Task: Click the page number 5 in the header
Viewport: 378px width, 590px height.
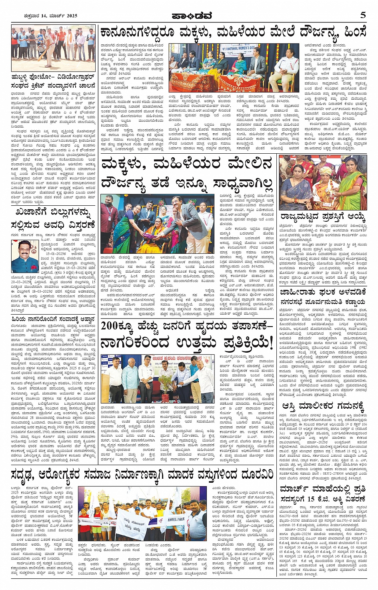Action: (363, 15)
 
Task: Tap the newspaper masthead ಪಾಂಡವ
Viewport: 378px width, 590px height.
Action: (189, 16)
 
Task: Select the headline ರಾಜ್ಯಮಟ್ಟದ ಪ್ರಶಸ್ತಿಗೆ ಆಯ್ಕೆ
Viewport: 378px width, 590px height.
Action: (322, 217)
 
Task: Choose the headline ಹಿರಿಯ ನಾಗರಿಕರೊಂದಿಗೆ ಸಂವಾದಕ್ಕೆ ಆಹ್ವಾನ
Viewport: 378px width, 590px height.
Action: (53, 319)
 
